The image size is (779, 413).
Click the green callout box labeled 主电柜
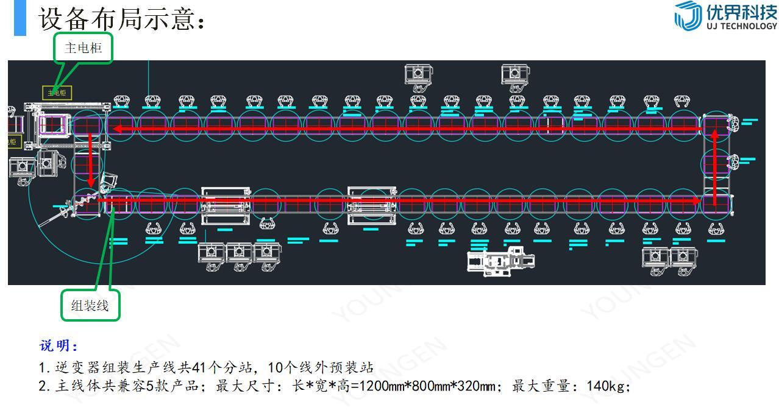point(84,48)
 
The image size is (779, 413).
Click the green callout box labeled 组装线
point(90,305)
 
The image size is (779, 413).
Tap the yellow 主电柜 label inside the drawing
point(57,93)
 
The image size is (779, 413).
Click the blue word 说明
point(59,346)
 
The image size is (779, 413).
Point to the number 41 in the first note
point(199,367)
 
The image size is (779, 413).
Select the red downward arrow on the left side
point(90,158)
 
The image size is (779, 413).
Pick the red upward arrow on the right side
point(715,164)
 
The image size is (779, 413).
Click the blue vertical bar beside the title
point(20,18)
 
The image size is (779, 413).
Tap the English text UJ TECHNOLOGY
point(742,26)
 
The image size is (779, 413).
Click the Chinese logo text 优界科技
point(741,12)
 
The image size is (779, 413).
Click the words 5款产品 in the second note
point(172,386)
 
